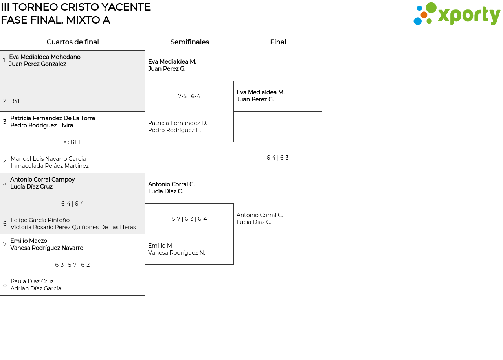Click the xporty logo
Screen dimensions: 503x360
(457, 14)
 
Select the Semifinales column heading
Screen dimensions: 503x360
(189, 42)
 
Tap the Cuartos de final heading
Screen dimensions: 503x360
(73, 42)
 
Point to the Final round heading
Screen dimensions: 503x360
(278, 42)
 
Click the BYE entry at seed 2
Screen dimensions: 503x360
(16, 101)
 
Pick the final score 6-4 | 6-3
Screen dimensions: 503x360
(277, 158)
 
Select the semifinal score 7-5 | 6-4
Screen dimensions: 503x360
(189, 96)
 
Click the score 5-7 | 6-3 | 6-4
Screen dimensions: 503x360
(189, 219)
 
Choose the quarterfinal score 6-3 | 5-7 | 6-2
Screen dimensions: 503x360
(72, 265)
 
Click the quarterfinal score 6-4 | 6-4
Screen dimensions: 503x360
(73, 204)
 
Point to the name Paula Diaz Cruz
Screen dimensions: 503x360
(32, 281)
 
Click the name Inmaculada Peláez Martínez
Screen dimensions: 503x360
(50, 166)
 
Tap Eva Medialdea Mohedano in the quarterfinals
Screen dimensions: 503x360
(45, 57)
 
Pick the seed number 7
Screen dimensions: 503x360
(5, 244)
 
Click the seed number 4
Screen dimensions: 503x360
(5, 162)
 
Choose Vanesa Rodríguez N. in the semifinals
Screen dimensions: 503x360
(176, 253)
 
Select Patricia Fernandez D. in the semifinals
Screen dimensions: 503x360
(178, 123)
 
